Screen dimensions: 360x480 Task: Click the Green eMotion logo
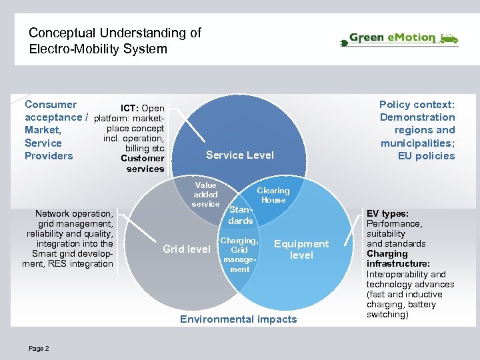click(399, 39)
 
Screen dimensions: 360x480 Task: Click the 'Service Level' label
click(240, 155)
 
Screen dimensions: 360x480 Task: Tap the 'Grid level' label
click(187, 249)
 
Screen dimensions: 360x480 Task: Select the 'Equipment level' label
click(301, 249)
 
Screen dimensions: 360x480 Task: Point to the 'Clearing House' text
click(273, 195)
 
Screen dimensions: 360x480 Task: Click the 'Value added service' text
click(205, 195)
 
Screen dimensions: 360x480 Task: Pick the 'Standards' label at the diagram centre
click(240, 215)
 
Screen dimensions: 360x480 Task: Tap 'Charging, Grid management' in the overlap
click(239, 255)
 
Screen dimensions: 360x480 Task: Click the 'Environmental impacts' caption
click(239, 319)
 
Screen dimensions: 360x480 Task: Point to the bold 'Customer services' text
click(143, 163)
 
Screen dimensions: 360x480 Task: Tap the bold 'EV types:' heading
click(387, 214)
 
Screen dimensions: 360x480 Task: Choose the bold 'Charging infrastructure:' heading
click(396, 259)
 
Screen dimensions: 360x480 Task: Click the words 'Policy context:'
click(417, 105)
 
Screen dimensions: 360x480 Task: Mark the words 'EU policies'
click(427, 156)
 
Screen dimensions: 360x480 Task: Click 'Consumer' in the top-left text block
click(51, 105)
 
